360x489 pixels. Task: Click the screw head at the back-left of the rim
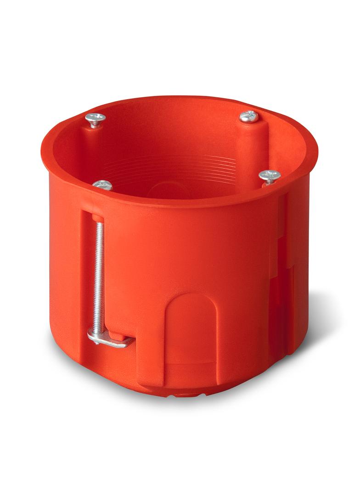[x=95, y=119]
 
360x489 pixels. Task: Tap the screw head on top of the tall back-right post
[x=249, y=117]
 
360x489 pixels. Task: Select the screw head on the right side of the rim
[x=270, y=175]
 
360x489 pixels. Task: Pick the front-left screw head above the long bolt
[x=102, y=185]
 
